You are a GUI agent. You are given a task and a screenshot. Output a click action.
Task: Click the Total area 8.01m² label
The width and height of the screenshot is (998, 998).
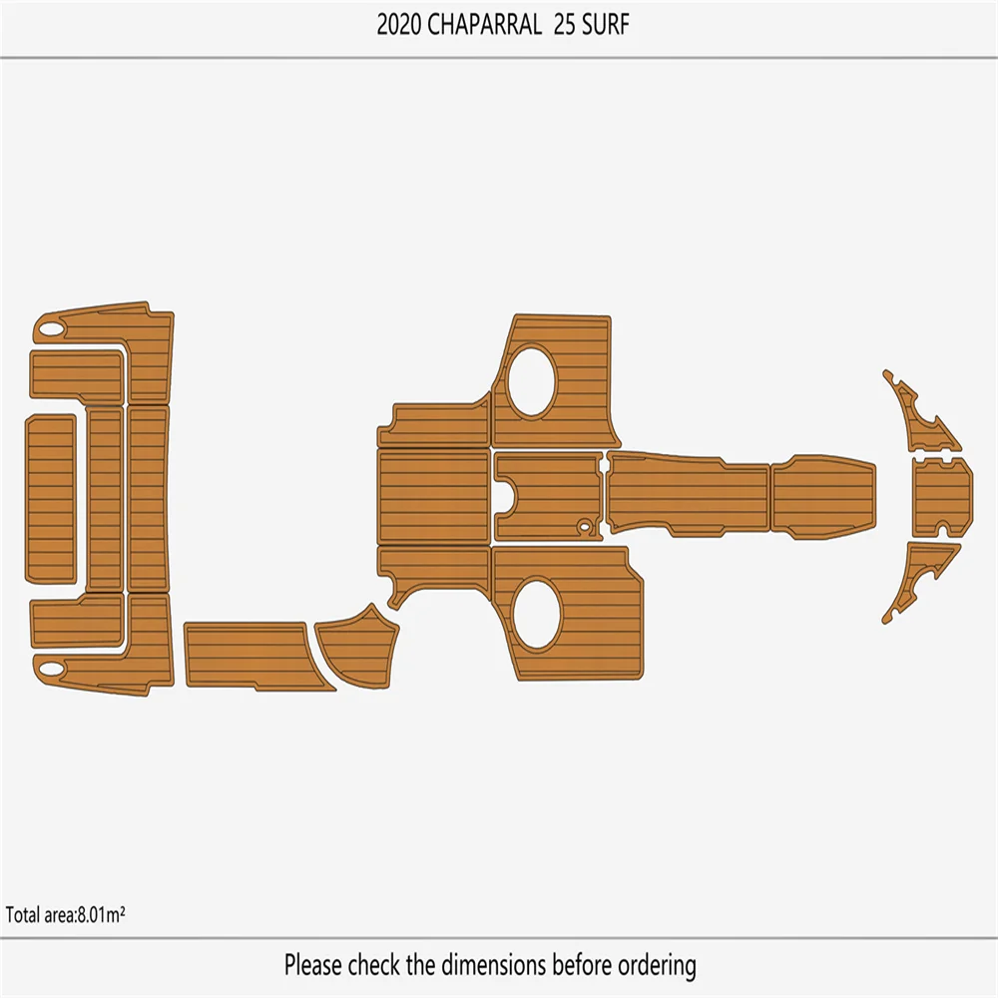(x=65, y=914)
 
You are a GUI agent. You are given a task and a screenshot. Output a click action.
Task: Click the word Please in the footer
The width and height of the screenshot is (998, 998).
(x=315, y=965)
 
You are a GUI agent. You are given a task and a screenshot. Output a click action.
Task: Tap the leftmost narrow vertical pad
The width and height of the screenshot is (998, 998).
(x=50, y=497)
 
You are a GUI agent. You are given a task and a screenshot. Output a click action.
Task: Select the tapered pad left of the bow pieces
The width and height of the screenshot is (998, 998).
(x=823, y=496)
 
